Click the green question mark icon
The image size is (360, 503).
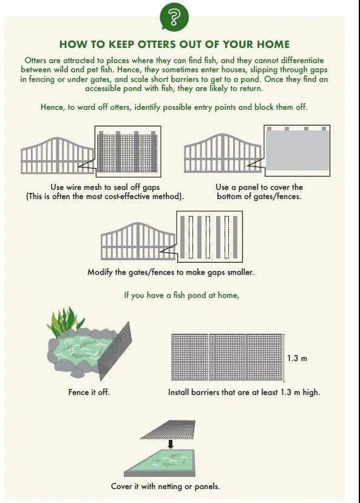[174, 16]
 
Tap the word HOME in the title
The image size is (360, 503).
[273, 44]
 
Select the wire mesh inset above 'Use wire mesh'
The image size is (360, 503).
[127, 152]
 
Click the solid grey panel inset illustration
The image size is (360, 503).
[297, 150]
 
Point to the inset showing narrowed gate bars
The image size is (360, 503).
[209, 237]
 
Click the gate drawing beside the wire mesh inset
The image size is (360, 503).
[58, 156]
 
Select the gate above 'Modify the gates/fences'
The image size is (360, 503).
[138, 241]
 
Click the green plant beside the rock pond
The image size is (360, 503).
[64, 321]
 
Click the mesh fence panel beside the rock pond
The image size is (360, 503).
[115, 351]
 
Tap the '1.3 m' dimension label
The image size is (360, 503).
[297, 358]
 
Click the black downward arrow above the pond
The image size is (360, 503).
[171, 444]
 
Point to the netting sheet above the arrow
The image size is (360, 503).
[168, 429]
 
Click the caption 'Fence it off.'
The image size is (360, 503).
[89, 392]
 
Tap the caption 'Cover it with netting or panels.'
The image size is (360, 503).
[166, 487]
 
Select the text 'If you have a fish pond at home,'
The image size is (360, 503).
[182, 295]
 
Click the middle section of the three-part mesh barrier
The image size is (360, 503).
[227, 357]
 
